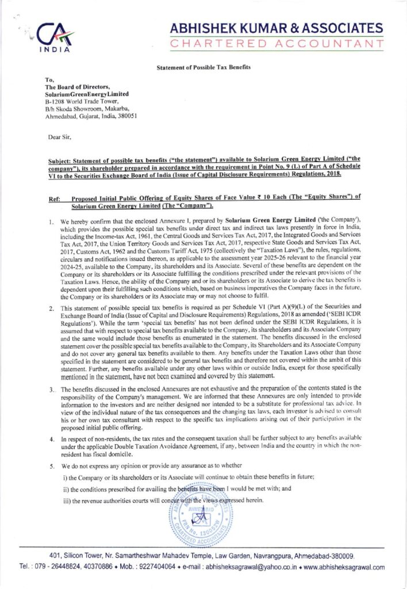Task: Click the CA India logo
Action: pos(54,37)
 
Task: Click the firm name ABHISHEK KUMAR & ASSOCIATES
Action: pos(277,28)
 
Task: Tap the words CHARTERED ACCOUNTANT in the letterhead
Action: pos(277,44)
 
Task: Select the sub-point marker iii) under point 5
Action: pos(66,499)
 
